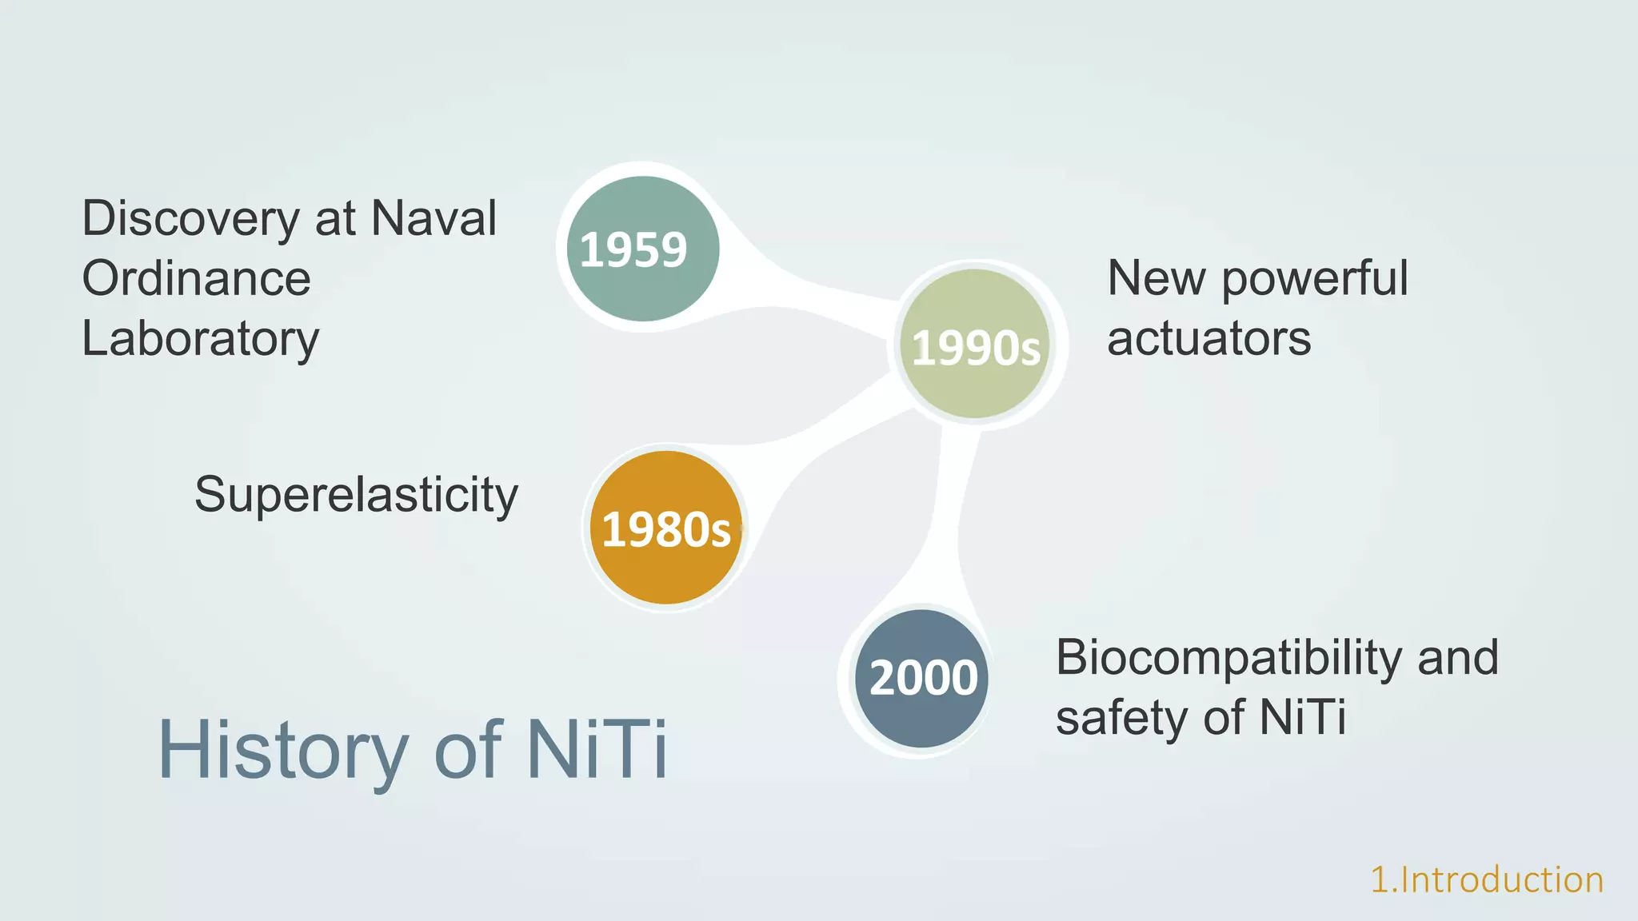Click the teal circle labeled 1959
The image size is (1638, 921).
[642, 249]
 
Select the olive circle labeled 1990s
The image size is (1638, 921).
[975, 344]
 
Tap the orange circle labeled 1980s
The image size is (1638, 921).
[665, 528]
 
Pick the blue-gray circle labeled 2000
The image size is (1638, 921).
[922, 678]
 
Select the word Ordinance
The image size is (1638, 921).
[196, 278]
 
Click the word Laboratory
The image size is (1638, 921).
[200, 339]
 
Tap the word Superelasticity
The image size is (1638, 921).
[356, 495]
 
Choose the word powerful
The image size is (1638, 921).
[1314, 279]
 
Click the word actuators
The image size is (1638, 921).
[1209, 338]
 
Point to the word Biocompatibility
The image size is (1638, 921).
[1228, 658]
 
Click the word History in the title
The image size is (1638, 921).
[283, 750]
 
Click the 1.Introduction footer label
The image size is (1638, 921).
[1487, 879]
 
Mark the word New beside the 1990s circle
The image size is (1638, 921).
[1157, 278]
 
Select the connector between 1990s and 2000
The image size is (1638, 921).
[950, 520]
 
